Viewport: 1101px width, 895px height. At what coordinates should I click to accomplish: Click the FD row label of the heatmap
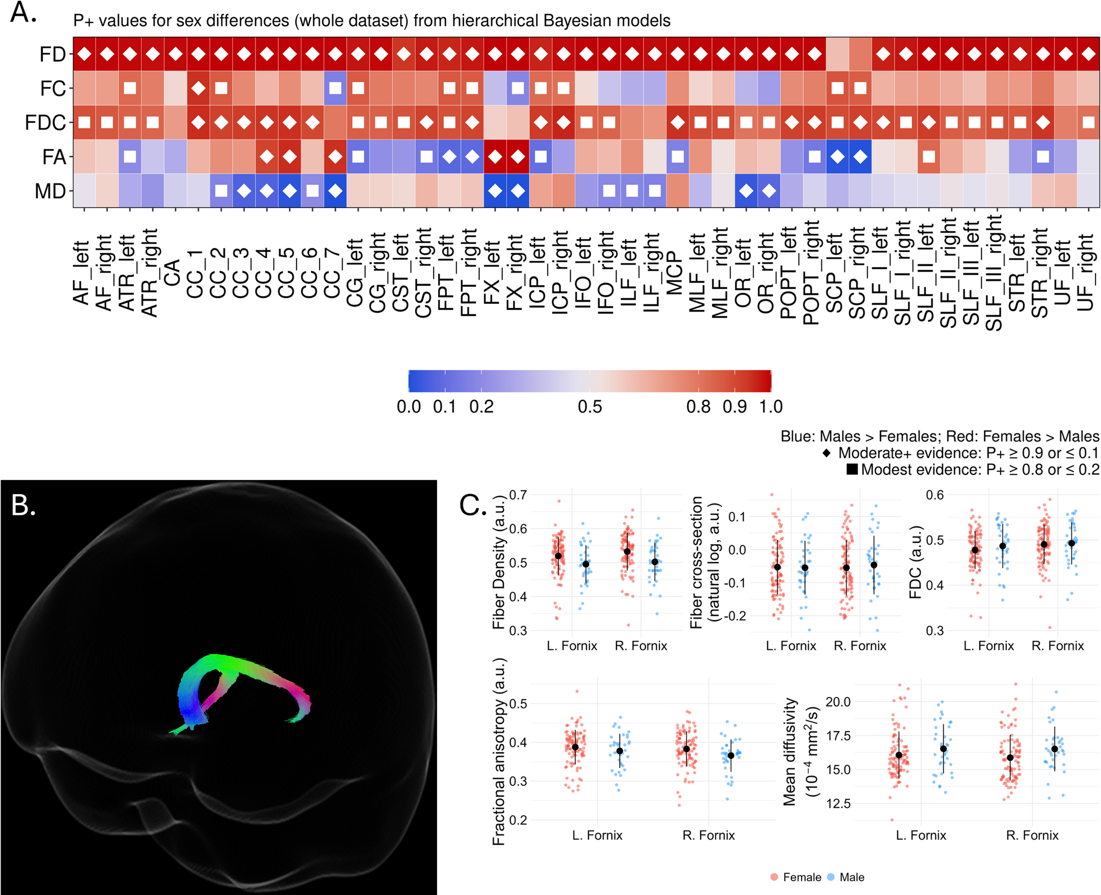coord(52,54)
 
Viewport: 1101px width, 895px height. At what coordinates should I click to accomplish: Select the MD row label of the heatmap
coord(50,191)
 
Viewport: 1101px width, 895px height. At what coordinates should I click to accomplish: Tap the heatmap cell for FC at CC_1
coord(198,88)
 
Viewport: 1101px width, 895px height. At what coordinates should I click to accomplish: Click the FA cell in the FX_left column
coord(495,157)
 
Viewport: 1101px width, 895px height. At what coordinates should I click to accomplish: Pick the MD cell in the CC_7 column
coord(335,191)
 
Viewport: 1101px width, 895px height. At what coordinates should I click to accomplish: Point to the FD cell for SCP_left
coord(837,54)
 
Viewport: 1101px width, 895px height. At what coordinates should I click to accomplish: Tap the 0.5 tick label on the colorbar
coord(590,407)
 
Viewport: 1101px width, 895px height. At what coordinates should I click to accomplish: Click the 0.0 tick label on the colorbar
coord(408,407)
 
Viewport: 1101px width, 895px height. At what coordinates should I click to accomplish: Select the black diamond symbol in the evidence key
coord(827,453)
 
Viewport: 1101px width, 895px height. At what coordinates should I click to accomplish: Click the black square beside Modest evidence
coord(852,469)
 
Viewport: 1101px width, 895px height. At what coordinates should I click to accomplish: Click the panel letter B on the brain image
coord(23,505)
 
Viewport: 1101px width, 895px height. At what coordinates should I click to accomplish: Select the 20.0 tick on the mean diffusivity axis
coord(838,702)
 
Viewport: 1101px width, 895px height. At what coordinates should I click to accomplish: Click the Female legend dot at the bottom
coord(774,877)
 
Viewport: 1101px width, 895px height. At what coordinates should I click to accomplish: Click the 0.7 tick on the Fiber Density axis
coord(518,495)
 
